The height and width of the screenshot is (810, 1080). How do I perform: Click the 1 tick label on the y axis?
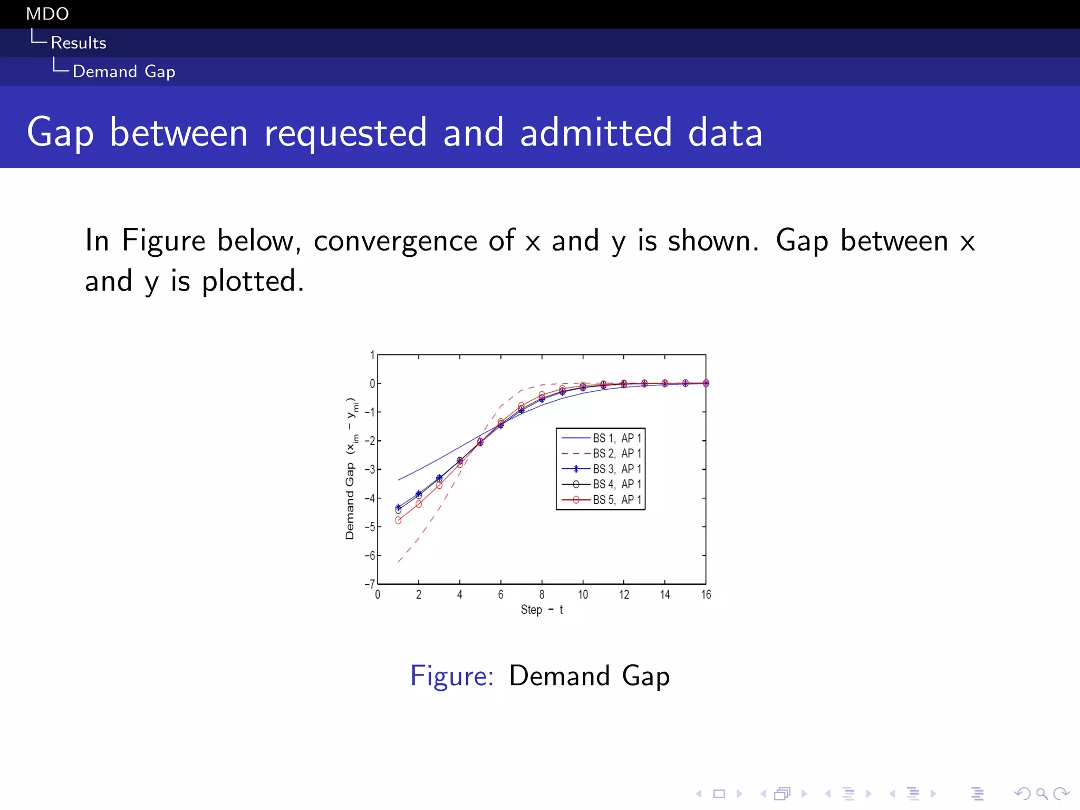pos(372,355)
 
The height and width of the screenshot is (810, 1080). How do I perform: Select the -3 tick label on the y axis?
pos(370,469)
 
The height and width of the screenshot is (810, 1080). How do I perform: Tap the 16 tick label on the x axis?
pos(706,595)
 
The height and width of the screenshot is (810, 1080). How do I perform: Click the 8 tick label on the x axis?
pos(542,595)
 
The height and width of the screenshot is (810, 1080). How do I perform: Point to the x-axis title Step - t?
pos(542,610)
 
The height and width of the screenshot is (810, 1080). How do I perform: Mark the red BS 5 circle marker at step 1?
pos(398,520)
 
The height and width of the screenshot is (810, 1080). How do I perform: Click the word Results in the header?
pos(79,43)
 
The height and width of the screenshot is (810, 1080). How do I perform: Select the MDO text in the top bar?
pos(47,14)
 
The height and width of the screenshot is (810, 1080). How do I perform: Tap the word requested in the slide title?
pos(345,132)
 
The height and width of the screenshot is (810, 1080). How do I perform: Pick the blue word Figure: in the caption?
pos(452,676)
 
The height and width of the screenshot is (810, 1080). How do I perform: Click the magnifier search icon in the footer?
pos(1042,794)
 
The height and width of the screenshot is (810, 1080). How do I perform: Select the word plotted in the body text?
pos(253,281)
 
